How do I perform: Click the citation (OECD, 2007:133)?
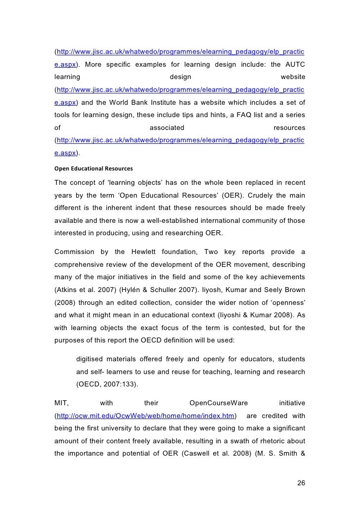[108, 384]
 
